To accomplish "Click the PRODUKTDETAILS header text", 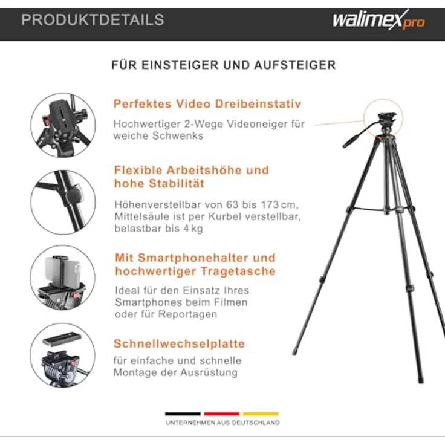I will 93,20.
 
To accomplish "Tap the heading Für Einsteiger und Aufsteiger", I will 223,65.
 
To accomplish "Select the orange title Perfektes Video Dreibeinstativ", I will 207,104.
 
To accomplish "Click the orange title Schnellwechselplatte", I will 179,344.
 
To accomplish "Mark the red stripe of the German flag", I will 222,414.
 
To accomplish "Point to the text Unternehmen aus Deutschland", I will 223,423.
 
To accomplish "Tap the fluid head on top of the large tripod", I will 386,120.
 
